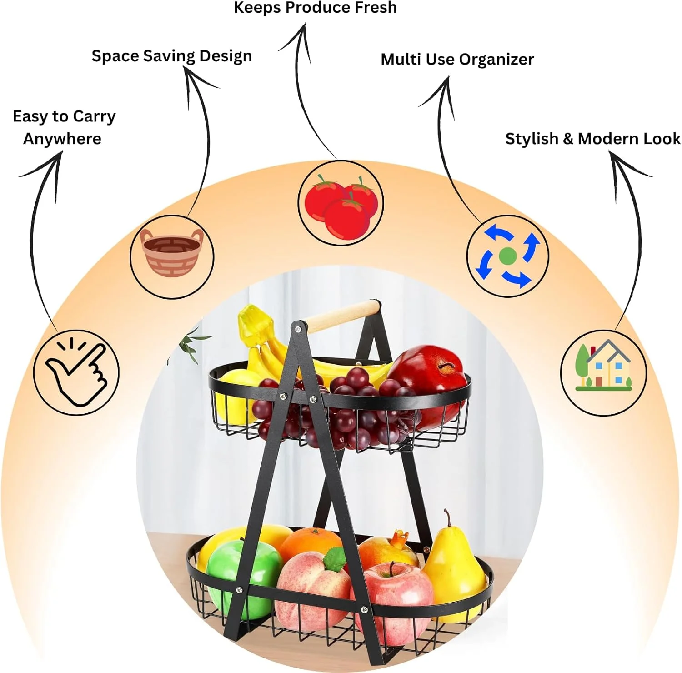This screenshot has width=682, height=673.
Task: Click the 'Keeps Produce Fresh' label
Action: pyautogui.click(x=315, y=8)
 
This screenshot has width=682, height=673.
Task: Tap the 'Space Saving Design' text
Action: pyautogui.click(x=171, y=56)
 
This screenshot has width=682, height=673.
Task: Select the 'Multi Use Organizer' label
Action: pyautogui.click(x=457, y=59)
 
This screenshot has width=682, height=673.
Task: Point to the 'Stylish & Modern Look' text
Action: pyautogui.click(x=592, y=139)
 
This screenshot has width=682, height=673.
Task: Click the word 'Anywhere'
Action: pyautogui.click(x=62, y=139)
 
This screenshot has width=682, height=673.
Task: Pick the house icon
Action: pyautogui.click(x=603, y=367)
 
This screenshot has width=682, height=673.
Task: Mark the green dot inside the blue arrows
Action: pyautogui.click(x=508, y=256)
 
